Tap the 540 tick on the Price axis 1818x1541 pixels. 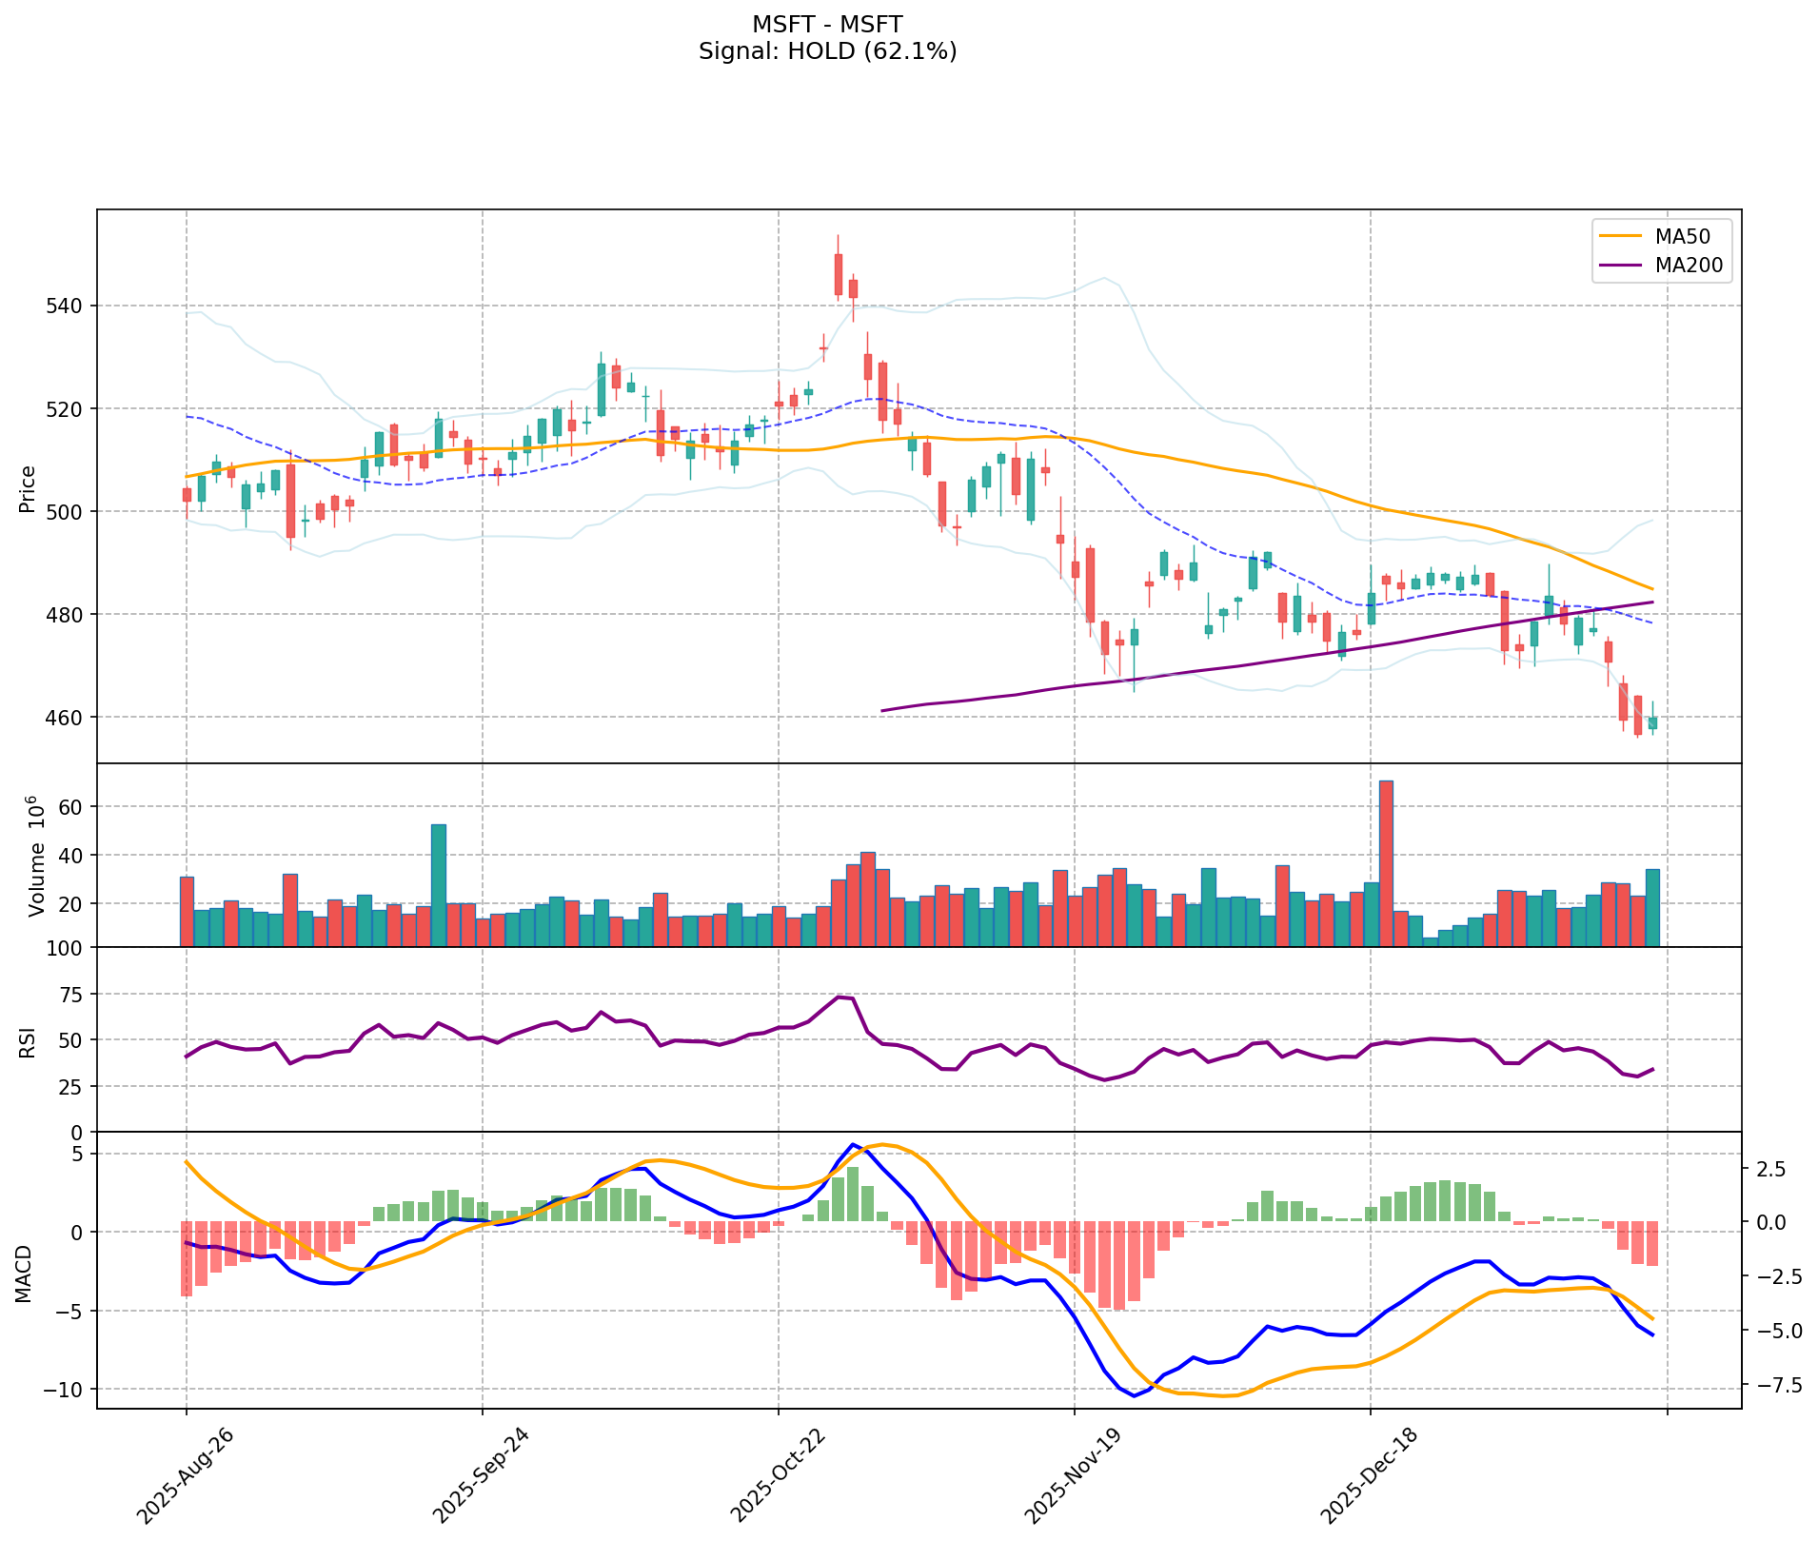(x=68, y=306)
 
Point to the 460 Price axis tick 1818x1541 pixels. (x=68, y=718)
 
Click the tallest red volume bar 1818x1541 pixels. (x=1386, y=862)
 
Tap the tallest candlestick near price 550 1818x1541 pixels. (x=838, y=274)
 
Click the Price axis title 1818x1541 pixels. (x=28, y=488)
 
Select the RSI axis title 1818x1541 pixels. (x=28, y=1041)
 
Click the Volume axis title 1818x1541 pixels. (x=36, y=857)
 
